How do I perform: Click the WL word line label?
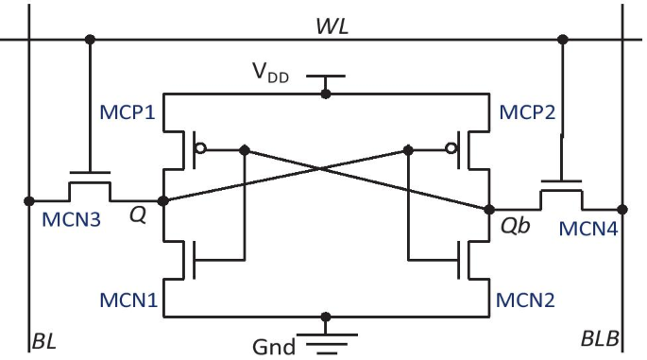(332, 26)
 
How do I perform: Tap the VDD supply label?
(272, 72)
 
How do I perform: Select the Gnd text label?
(273, 345)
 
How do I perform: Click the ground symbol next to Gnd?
(326, 341)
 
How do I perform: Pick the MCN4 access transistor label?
(588, 229)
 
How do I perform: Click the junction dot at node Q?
(162, 200)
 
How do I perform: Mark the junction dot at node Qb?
(489, 209)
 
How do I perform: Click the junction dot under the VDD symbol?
(326, 94)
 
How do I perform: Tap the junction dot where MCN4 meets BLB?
(622, 209)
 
